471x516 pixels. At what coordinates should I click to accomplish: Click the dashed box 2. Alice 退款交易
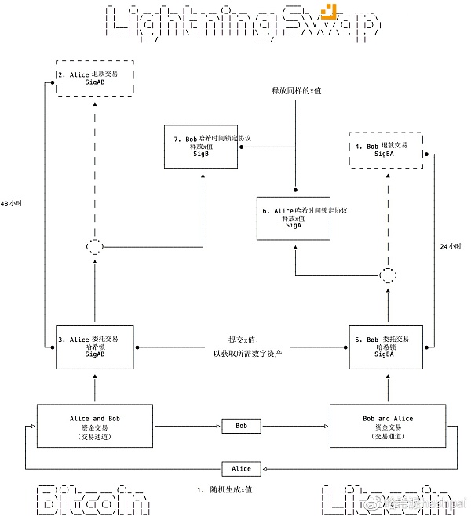(94, 79)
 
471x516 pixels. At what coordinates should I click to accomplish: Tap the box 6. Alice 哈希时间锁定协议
(294, 218)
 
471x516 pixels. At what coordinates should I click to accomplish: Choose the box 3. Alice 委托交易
(94, 347)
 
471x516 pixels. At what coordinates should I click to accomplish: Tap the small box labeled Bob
(241, 427)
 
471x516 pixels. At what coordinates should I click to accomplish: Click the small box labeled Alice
(241, 468)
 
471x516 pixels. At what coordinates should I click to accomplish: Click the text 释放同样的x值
(295, 92)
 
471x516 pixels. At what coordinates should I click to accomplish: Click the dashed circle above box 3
(94, 247)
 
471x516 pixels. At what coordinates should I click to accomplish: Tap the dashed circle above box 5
(386, 276)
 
